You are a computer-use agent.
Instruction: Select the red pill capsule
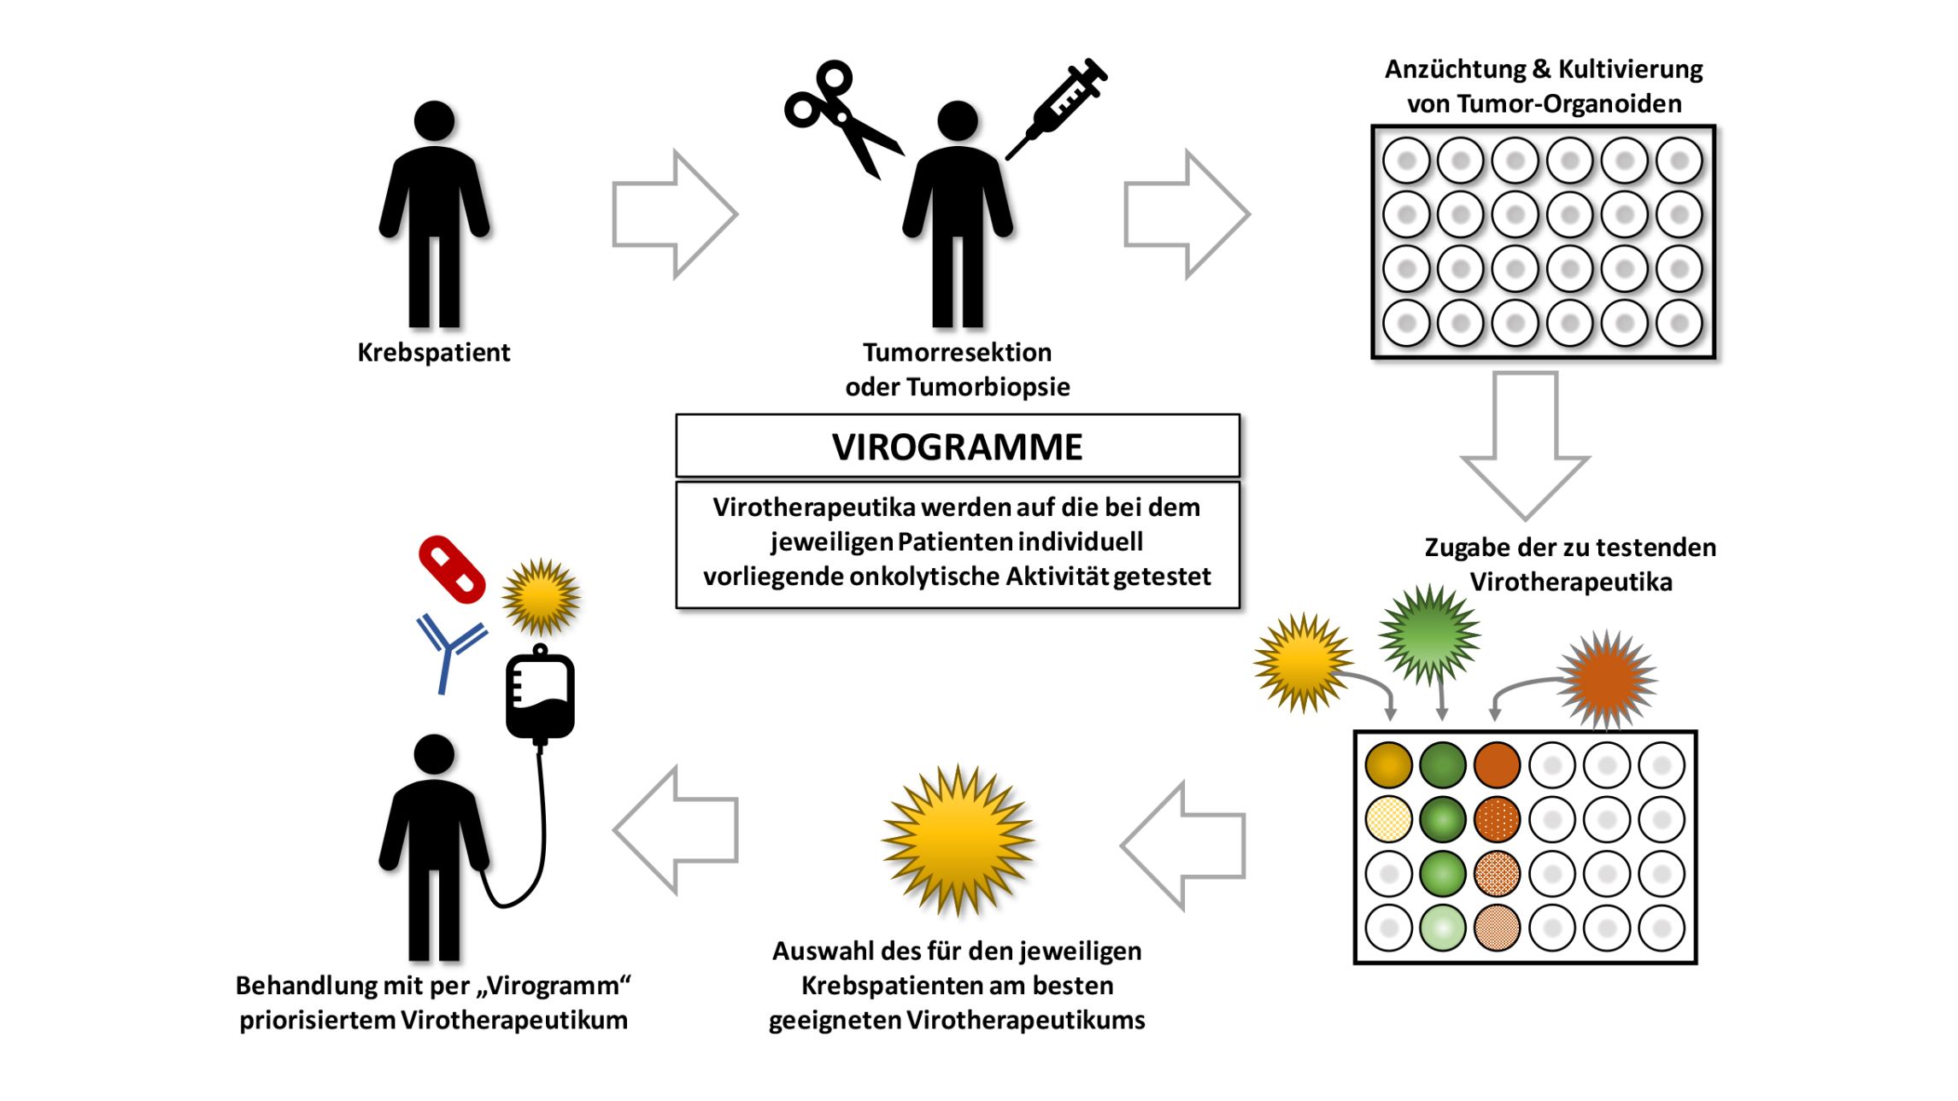pos(452,570)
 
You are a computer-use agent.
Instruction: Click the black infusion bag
pos(540,696)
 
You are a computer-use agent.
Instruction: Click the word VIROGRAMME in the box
pos(957,447)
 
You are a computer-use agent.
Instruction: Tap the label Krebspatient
pos(433,352)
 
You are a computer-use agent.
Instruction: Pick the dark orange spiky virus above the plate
pos(1607,679)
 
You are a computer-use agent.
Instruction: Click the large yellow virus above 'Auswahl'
pos(958,840)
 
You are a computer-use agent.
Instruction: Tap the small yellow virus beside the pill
pos(541,597)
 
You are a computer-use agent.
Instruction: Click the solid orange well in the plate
pos(1497,764)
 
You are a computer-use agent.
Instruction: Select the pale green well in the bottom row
pos(1442,928)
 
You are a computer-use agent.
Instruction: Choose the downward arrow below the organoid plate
pos(1525,444)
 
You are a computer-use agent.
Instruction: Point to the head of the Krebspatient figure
pos(434,121)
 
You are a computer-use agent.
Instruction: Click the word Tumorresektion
pos(957,352)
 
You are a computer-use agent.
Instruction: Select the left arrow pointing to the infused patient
pos(676,829)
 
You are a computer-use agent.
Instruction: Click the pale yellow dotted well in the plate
pos(1388,819)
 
